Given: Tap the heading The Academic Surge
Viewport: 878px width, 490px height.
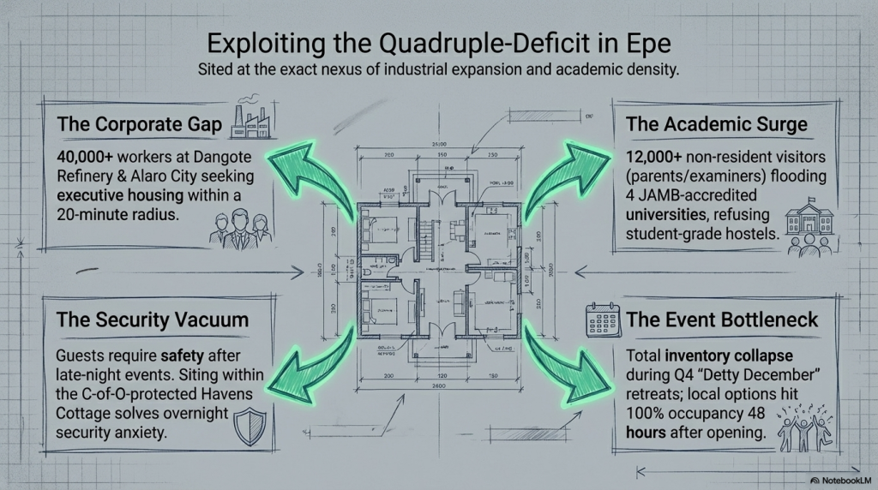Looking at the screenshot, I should point(717,124).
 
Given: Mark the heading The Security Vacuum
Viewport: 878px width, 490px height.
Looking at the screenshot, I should point(153,320).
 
